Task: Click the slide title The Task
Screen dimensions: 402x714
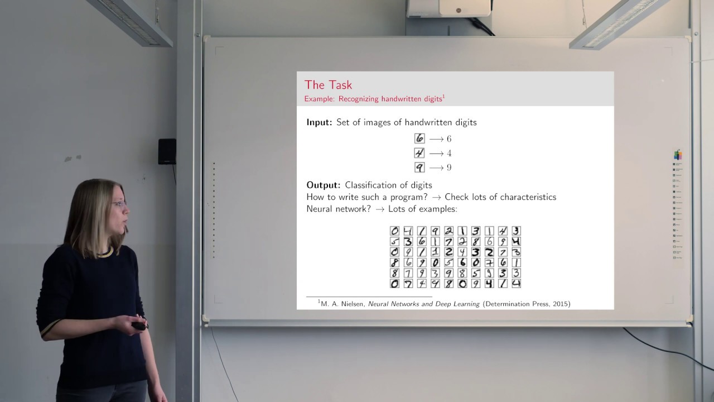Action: [x=328, y=85]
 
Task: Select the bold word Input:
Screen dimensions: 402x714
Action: [x=319, y=122]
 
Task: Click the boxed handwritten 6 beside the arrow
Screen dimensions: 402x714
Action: [x=419, y=138]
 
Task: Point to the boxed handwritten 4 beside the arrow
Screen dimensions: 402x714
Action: [x=419, y=153]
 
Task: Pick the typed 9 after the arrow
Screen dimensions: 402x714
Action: [x=449, y=167]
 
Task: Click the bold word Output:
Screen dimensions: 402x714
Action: [x=323, y=185]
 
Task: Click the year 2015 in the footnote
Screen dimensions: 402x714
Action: [x=559, y=304]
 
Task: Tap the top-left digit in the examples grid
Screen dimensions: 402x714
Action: [x=394, y=231]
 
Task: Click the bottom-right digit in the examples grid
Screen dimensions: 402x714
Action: [x=516, y=284]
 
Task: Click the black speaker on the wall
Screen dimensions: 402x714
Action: [x=167, y=151]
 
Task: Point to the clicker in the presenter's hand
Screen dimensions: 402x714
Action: [x=138, y=326]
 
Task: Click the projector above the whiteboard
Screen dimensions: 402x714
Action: [x=449, y=8]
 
